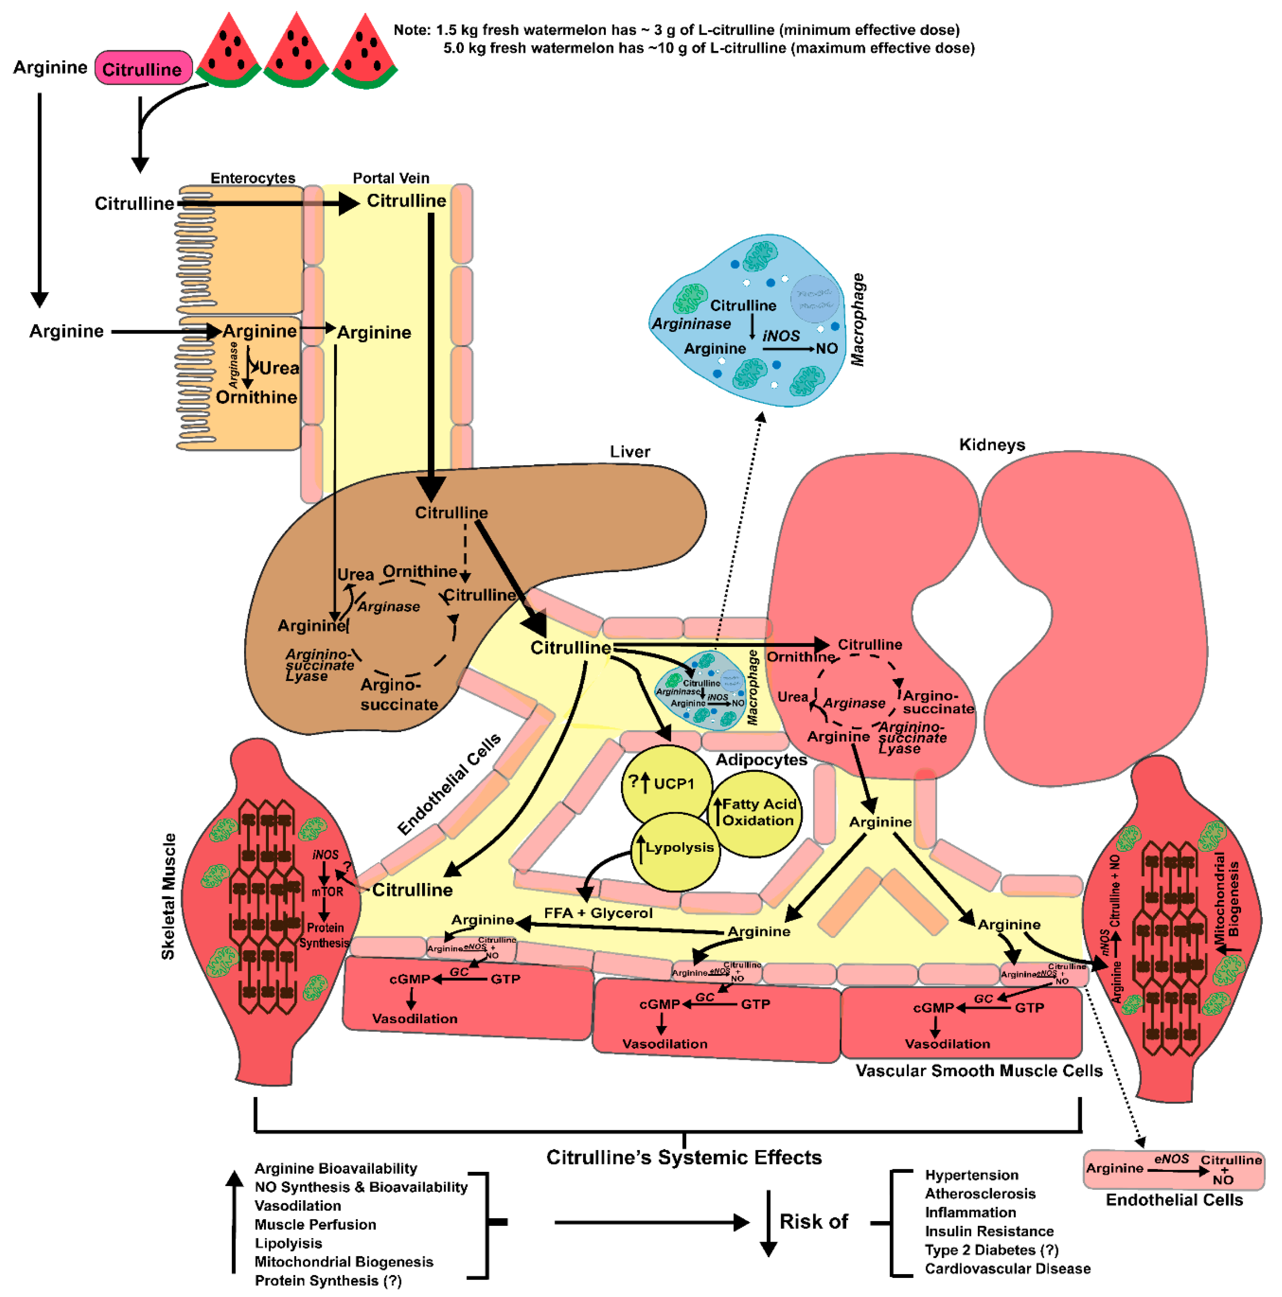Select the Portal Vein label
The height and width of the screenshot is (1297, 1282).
tap(391, 178)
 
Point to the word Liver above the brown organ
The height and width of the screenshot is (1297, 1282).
tap(629, 452)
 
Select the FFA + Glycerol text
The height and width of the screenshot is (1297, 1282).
tap(598, 913)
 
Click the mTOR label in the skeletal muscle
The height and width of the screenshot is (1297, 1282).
tap(327, 892)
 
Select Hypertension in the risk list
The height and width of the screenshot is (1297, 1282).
tap(971, 1175)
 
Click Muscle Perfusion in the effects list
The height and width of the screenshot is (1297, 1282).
tap(315, 1224)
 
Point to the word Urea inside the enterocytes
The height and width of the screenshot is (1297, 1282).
tap(279, 368)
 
